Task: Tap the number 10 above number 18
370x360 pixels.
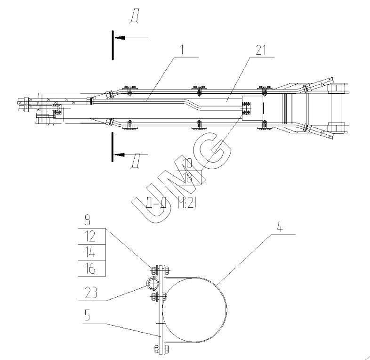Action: point(188,163)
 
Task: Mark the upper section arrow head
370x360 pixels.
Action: point(119,37)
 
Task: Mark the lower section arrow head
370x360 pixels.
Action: point(119,154)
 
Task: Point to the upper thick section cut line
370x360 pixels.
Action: point(113,45)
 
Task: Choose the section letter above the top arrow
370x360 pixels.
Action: point(134,17)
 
